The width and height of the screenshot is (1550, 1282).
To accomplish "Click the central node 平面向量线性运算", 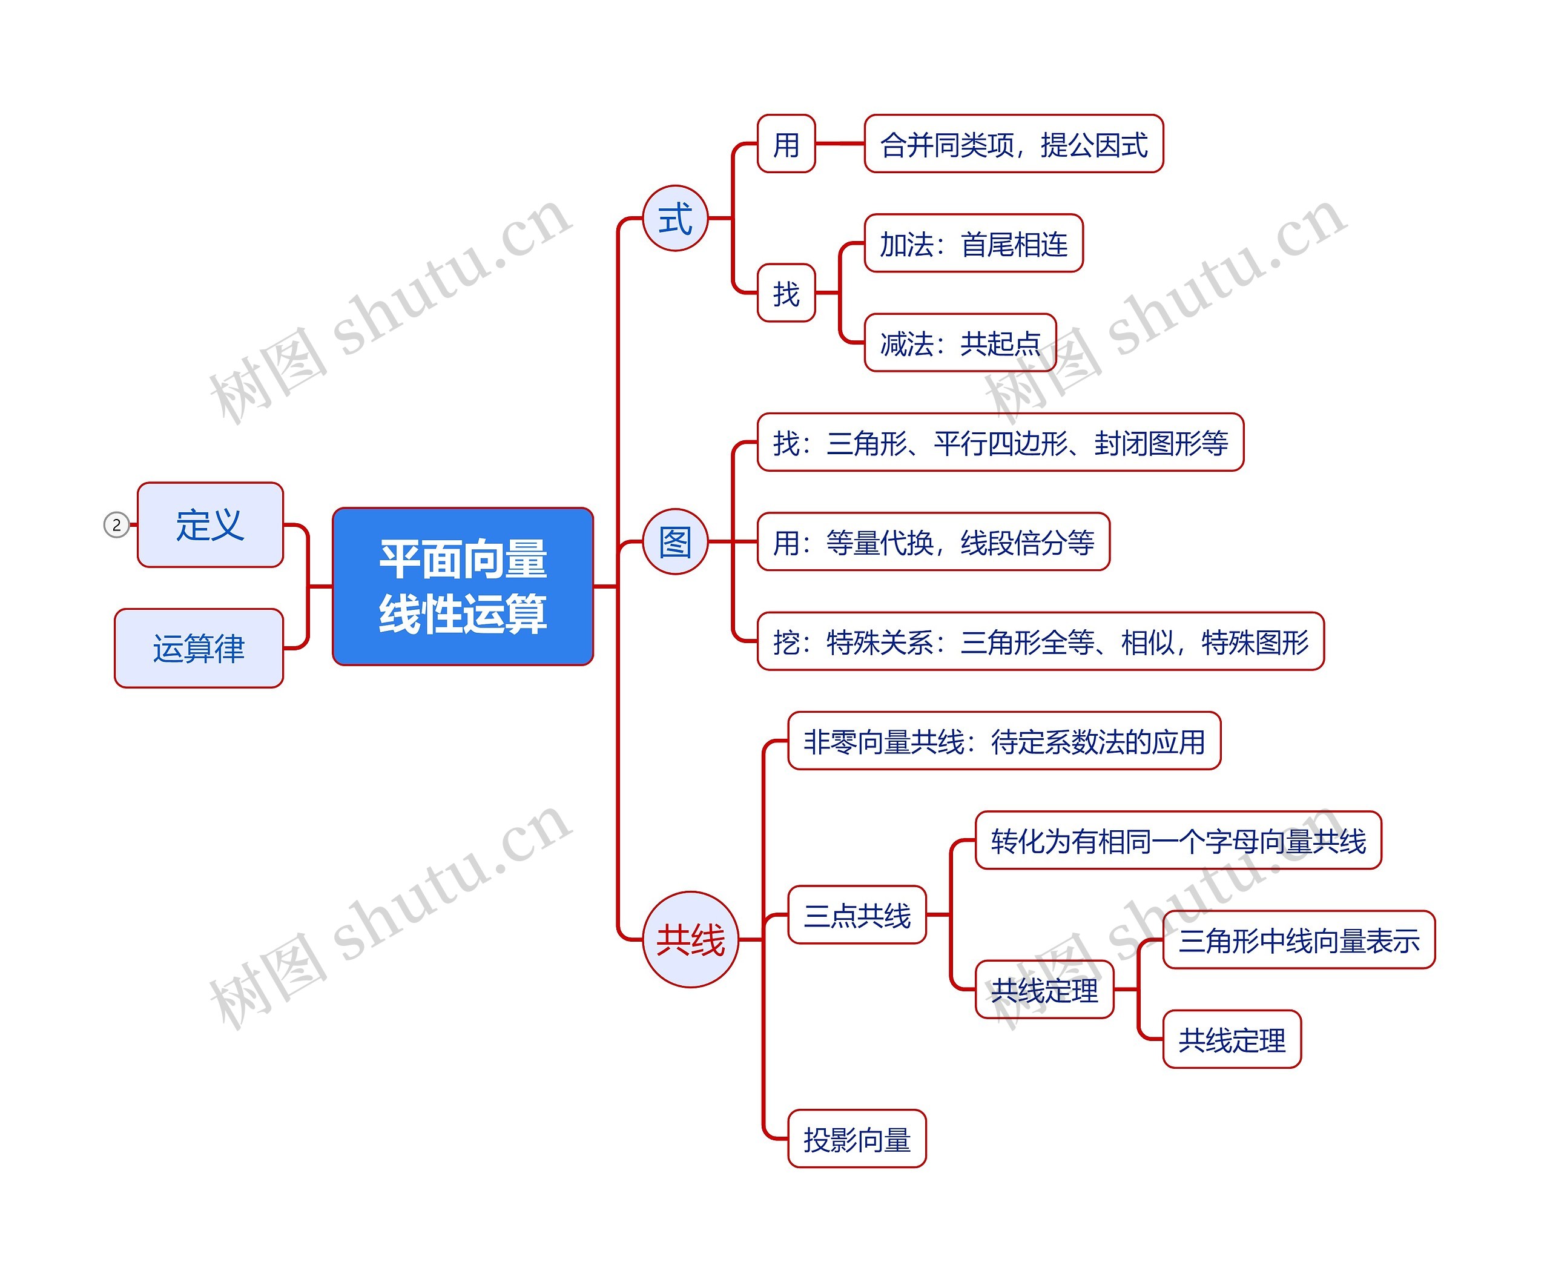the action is point(463,586).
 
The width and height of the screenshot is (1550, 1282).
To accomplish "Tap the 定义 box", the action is point(210,525).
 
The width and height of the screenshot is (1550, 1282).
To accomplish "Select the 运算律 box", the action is point(199,648).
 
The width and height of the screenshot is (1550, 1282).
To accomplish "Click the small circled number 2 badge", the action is point(116,525).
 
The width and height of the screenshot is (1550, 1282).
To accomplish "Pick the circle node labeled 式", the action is point(674,219).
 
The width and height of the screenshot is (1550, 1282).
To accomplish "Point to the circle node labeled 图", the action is point(674,542).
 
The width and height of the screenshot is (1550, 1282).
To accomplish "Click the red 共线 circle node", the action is point(690,939).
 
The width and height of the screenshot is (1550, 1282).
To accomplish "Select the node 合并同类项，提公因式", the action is point(1014,144).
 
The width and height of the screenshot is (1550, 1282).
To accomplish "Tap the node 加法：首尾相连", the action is point(973,243).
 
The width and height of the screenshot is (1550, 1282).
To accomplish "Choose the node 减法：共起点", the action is point(960,343).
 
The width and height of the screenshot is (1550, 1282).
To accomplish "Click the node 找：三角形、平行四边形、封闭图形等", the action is point(1000,442).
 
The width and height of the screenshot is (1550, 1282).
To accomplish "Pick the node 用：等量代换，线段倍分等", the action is point(933,542).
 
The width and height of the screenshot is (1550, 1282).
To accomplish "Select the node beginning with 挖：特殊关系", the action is point(1040,641).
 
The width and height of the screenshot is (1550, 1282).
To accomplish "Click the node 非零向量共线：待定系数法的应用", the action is point(1004,741).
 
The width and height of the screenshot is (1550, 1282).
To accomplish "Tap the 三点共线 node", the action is point(857,914).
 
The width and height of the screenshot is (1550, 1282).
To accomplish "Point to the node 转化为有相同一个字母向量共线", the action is point(1178,840).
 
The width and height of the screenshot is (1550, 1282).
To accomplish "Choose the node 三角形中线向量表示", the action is point(1298,939).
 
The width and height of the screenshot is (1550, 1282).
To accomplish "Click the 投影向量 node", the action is point(857,1139).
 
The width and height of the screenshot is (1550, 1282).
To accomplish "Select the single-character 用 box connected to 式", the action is point(786,144).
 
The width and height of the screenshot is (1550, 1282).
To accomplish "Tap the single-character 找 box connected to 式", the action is point(786,293).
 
